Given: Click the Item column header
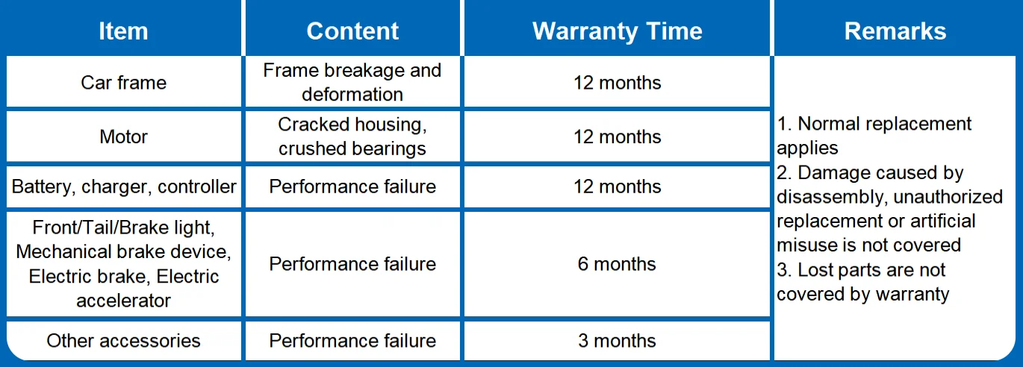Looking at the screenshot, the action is click(123, 31).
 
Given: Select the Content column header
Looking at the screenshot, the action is click(352, 31).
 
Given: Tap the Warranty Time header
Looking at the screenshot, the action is click(618, 31).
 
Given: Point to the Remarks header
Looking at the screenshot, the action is click(895, 31).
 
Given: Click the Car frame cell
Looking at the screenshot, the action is click(123, 83).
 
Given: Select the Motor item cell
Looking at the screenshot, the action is click(123, 137).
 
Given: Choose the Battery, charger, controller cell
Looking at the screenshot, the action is click(124, 186).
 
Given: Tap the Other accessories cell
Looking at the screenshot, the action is click(123, 341).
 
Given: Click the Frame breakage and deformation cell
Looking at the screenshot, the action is click(352, 82).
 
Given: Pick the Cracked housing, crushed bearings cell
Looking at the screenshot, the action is click(352, 137).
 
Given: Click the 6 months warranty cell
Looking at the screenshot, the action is click(617, 264).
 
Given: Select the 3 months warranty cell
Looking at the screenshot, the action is click(617, 341).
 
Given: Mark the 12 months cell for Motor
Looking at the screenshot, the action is click(618, 137).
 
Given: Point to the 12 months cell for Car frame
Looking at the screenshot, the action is click(618, 83).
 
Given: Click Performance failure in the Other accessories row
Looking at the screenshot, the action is click(352, 341).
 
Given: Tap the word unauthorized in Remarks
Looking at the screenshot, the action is click(948, 197).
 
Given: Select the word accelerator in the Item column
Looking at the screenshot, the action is click(123, 301).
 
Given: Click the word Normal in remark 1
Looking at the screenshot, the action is click(829, 124).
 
